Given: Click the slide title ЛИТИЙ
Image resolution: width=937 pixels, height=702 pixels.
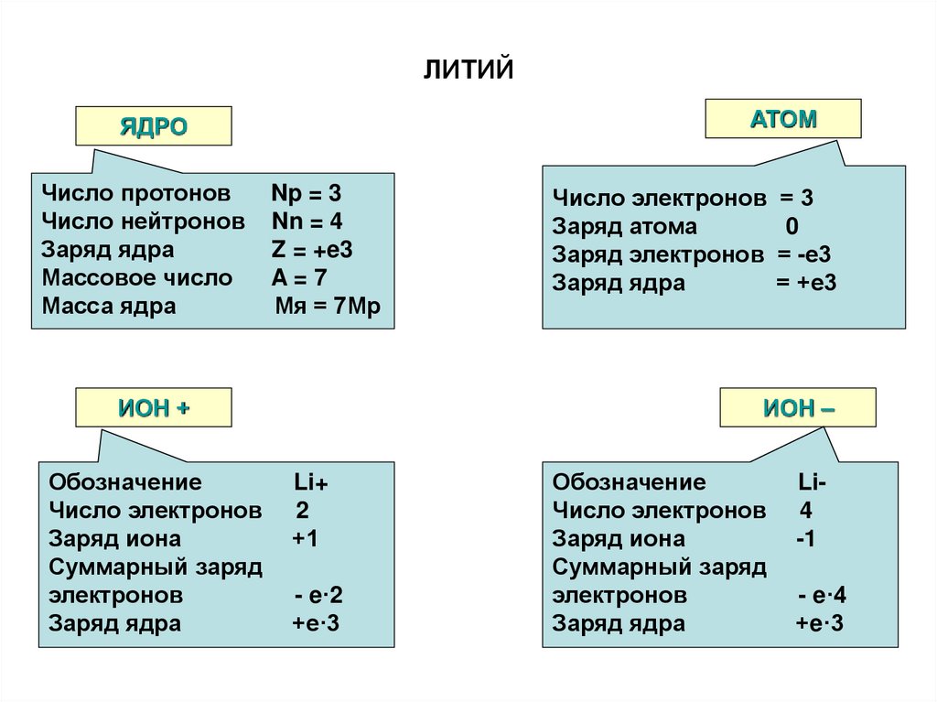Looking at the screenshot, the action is point(468,70).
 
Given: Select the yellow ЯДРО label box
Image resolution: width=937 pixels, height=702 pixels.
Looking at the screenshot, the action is point(154,126).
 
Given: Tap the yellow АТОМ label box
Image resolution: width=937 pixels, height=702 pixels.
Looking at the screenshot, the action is point(783,119).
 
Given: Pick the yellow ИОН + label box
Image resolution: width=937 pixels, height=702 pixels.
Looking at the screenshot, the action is point(154,408).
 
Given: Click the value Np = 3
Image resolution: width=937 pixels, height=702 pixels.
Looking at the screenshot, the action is point(306,194).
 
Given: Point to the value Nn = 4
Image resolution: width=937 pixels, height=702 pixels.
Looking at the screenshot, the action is point(307,221).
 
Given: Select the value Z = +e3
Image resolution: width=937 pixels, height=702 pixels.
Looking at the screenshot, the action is point(312,250).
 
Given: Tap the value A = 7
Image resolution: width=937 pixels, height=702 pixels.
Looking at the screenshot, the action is point(298,277).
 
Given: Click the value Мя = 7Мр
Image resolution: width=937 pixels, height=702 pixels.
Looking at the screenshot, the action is point(321,306).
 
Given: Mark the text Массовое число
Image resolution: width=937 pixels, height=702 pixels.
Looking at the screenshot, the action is point(137,277).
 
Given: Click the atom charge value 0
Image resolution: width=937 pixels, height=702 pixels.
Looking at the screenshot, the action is point(792,227).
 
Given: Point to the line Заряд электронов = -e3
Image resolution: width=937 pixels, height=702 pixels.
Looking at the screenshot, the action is point(692,255).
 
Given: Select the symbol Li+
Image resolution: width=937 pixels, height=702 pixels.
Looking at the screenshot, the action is point(311,483).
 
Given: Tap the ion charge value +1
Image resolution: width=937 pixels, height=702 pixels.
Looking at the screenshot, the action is point(305,539).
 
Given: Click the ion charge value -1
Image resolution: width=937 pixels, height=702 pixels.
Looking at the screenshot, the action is point(805,539).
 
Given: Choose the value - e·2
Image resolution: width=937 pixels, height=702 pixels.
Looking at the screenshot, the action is point(318,596).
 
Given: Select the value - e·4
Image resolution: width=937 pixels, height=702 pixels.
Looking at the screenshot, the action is point(822,596).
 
